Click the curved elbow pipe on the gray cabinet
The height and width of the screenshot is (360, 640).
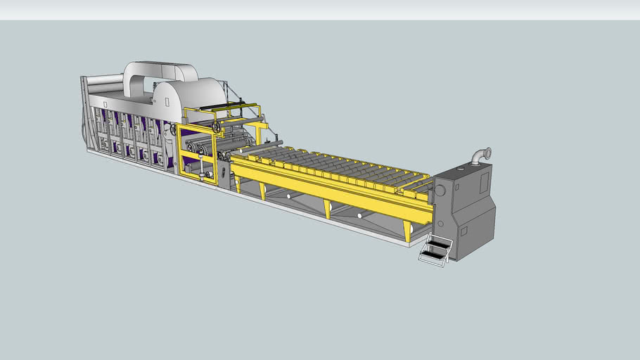coord(480,155)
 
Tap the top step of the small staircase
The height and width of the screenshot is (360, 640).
coord(439,243)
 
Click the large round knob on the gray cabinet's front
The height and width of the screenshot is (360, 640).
coord(440,190)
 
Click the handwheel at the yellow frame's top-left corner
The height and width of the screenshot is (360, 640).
coord(217,127)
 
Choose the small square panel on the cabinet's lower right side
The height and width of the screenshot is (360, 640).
coord(463,231)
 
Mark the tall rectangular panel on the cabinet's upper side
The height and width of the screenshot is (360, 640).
coord(485,182)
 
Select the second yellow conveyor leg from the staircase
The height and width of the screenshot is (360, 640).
coord(327,209)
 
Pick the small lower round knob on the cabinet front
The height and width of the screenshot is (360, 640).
coord(440,224)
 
